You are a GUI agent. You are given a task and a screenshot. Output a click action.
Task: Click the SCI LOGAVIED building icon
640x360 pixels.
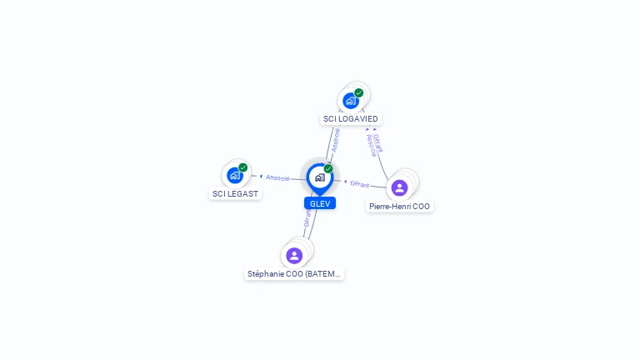[x=351, y=101]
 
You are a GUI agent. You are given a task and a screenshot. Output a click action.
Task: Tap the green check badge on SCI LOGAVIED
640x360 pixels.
[x=358, y=92]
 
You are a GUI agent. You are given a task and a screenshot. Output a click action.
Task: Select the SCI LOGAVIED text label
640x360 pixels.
[x=351, y=119]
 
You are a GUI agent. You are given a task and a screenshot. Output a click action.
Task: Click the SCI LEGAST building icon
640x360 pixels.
[x=235, y=175]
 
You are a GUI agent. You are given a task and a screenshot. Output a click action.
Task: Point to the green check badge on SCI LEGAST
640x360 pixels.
[x=242, y=167]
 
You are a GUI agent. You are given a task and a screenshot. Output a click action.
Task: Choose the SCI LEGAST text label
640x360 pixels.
[x=235, y=193]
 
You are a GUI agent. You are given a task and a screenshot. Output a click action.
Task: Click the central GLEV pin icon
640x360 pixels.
[x=319, y=177]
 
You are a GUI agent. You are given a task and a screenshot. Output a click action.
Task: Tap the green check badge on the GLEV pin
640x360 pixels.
[x=328, y=168]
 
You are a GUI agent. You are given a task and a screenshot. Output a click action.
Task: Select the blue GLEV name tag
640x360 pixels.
[x=320, y=203]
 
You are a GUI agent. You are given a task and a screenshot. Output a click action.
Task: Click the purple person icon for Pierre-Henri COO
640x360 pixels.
[x=399, y=187]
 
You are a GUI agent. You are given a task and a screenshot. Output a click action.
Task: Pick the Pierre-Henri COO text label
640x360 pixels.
[x=400, y=206]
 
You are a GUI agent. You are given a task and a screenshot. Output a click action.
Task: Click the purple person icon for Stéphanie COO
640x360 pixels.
[x=293, y=255]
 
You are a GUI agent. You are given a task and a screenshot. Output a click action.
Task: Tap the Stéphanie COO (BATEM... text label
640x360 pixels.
[x=294, y=273]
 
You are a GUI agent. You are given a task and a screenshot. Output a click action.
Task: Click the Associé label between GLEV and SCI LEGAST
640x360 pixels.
[x=277, y=177]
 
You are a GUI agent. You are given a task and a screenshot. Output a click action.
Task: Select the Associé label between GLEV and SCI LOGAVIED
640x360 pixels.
[x=335, y=139]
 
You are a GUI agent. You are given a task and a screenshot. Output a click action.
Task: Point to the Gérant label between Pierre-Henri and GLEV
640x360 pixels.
[x=359, y=183]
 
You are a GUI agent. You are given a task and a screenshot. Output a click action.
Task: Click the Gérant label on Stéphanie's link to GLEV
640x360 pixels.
[x=307, y=218]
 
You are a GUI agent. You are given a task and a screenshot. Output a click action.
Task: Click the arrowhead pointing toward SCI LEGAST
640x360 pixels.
[x=261, y=176]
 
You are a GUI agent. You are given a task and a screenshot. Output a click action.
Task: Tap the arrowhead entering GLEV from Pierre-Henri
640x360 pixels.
[x=345, y=181]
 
